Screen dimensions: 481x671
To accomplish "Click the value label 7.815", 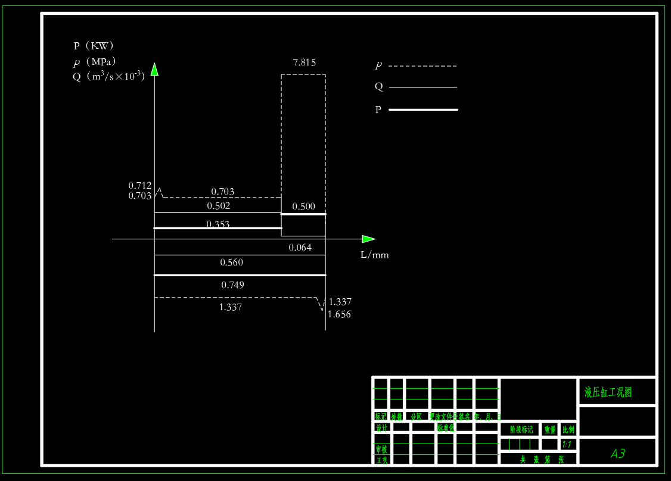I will (x=304, y=62).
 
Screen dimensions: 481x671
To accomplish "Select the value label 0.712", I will (x=139, y=185).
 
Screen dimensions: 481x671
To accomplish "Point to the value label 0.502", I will (x=218, y=206).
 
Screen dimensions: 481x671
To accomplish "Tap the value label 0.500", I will (x=303, y=207).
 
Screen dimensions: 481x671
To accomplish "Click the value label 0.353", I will (x=218, y=224).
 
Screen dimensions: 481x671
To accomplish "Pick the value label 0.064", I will (x=300, y=248).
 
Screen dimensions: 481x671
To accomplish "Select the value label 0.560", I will (x=231, y=263).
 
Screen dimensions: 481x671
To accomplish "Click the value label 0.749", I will (x=232, y=285).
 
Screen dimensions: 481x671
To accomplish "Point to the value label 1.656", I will (x=339, y=314).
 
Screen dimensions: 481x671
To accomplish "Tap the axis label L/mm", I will (x=374, y=255).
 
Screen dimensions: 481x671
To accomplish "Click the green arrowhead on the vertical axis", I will (x=154, y=69).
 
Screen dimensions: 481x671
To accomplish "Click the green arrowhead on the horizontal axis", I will (x=368, y=239).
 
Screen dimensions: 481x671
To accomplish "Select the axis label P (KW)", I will (x=94, y=46).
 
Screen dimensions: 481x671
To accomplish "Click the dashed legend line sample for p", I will (x=423, y=66).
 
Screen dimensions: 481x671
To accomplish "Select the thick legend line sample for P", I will (x=423, y=110).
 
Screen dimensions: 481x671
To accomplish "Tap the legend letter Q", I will (x=378, y=87).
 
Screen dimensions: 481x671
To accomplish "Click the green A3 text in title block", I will (x=618, y=454).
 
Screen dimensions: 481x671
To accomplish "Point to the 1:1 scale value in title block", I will (x=567, y=445).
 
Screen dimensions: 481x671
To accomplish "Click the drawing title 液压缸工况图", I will (x=608, y=392).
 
